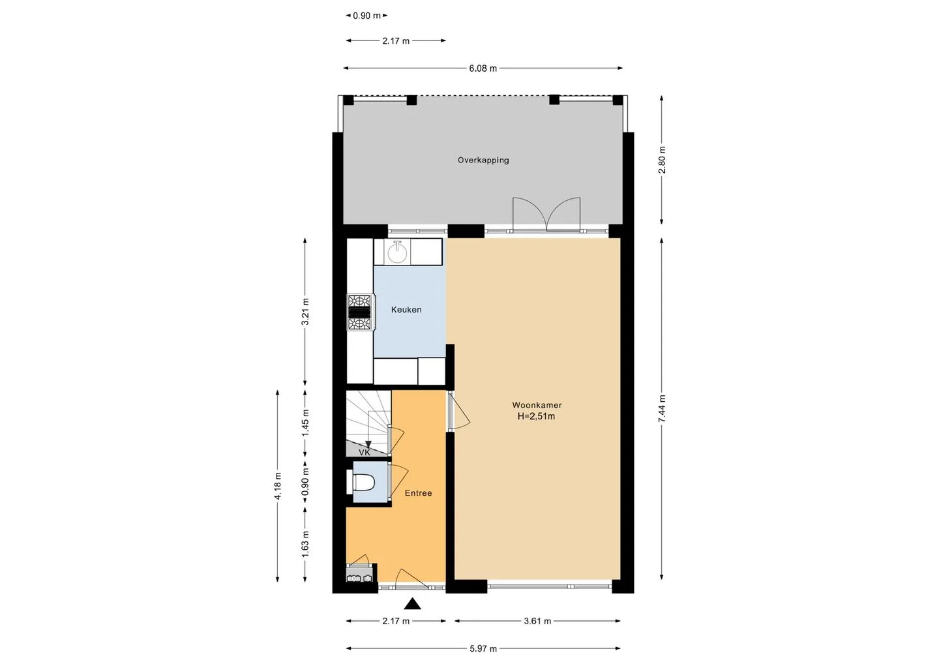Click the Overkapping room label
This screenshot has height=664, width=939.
(x=483, y=160)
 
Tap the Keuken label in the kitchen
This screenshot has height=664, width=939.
(x=406, y=310)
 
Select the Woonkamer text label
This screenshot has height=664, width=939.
(x=537, y=405)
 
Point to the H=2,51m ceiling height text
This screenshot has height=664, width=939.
(x=536, y=416)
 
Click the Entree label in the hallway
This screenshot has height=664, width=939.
(x=418, y=493)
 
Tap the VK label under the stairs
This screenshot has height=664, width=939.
(x=365, y=453)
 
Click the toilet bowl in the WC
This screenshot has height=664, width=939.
(x=363, y=482)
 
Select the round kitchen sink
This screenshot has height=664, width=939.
(x=396, y=253)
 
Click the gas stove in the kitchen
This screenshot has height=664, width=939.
(x=360, y=312)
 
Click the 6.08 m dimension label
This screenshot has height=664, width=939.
(x=483, y=68)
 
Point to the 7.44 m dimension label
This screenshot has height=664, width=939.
(x=661, y=409)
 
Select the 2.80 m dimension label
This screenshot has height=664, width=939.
(x=661, y=160)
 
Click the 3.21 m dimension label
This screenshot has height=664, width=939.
(x=305, y=312)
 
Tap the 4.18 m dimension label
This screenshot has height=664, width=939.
(x=278, y=486)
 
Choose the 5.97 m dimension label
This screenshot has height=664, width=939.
(x=483, y=649)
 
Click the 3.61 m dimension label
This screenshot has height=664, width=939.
(x=537, y=621)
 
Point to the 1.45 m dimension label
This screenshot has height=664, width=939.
(x=305, y=423)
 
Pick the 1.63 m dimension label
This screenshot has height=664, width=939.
(x=305, y=544)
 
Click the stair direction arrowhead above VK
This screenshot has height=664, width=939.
(x=368, y=444)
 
